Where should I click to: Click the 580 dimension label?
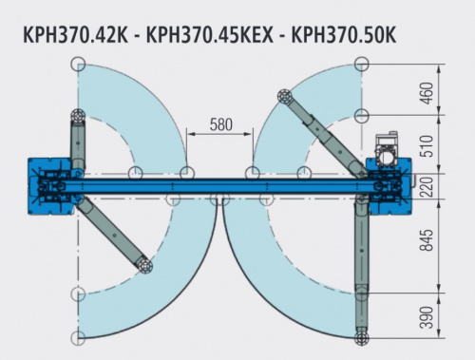point(220,124)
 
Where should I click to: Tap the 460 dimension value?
point(427,93)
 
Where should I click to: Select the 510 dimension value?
point(427,145)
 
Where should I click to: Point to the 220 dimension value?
point(427,187)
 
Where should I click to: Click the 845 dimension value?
point(427,239)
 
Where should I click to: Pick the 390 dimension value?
point(427,317)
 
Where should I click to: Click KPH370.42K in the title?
point(75,35)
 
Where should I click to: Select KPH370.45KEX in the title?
point(209,35)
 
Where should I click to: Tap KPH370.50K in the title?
point(344,35)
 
